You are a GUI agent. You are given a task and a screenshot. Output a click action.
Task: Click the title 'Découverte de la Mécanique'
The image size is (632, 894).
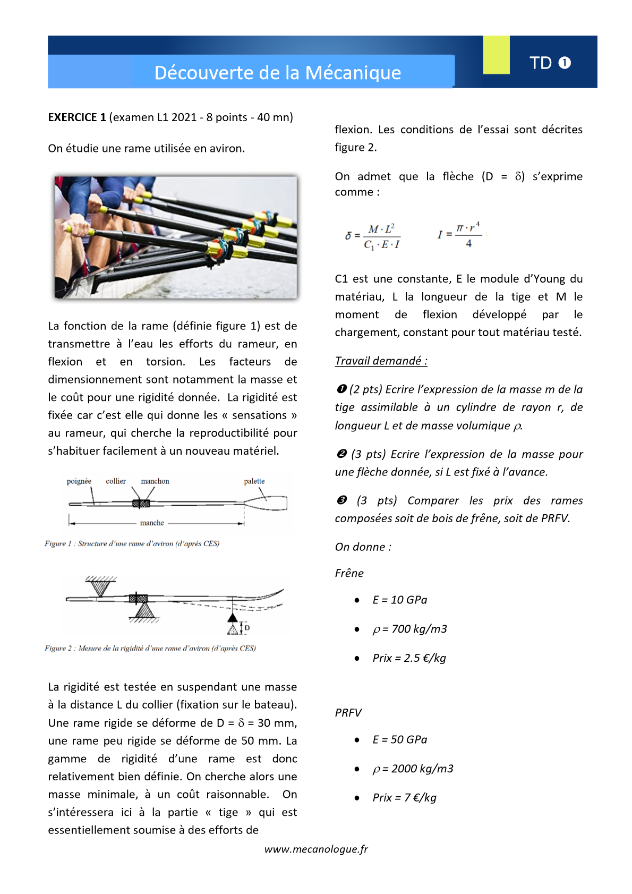277,72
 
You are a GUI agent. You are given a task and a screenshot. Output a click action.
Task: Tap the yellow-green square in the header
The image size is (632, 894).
496,55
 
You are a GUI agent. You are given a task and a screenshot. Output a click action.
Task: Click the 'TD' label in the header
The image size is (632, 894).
541,63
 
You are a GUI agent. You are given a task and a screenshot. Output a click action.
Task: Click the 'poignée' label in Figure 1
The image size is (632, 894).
79,481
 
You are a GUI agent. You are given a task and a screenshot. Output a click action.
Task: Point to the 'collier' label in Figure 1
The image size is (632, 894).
116,481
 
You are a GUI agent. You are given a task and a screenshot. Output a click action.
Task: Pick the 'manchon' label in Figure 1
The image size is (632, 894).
155,481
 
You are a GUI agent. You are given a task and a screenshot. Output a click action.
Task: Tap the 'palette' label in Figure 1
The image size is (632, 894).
254,481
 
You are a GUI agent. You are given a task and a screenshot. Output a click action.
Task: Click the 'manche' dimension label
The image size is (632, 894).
152,523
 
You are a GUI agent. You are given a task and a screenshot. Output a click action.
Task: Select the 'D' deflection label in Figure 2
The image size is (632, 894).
247,628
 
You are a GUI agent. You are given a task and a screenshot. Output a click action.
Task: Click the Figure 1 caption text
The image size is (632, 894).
132,543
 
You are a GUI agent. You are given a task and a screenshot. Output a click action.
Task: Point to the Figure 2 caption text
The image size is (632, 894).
150,648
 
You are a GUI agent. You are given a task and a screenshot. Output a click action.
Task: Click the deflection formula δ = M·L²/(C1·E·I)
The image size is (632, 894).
373,236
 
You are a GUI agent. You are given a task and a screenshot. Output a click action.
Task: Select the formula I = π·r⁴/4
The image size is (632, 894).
460,234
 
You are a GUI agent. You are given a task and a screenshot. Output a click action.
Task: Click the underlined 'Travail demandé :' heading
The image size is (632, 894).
381,361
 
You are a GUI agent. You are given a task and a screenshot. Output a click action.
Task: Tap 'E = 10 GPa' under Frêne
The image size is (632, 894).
400,600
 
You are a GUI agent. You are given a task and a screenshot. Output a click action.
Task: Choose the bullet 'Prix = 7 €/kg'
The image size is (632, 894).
404,797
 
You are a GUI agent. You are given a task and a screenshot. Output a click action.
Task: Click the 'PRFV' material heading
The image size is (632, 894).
348,713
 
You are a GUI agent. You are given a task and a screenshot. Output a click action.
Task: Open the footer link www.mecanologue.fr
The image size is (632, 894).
316,849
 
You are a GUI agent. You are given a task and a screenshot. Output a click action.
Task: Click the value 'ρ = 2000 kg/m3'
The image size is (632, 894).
413,769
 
